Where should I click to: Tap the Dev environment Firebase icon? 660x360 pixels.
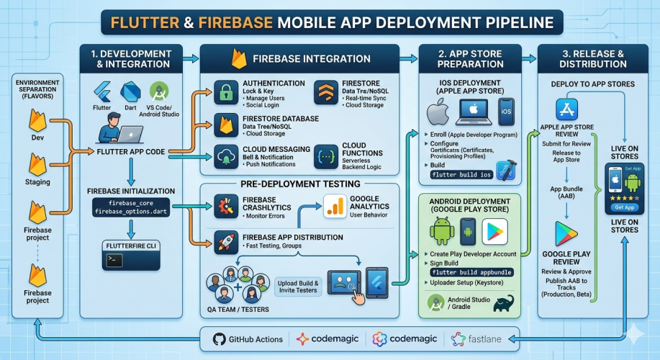pos(37,119)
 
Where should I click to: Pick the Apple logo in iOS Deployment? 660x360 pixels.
pos(438,113)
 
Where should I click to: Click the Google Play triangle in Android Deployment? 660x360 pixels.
pos(494,231)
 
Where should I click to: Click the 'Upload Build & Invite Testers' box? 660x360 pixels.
pos(297,286)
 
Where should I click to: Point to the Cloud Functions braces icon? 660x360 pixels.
pos(326,155)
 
